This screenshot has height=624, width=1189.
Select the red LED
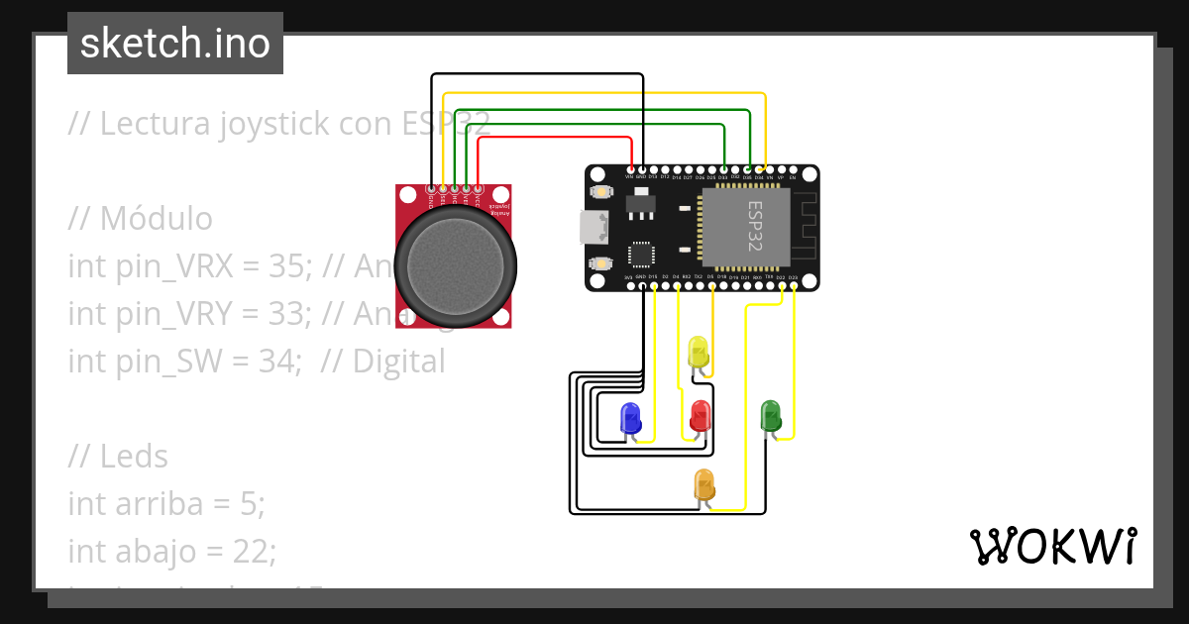click(701, 414)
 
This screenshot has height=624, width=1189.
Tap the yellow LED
click(698, 352)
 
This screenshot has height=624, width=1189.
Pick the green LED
click(770, 414)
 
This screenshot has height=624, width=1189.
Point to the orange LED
click(704, 484)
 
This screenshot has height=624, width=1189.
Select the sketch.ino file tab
click(175, 44)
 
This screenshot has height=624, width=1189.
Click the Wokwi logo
click(1052, 546)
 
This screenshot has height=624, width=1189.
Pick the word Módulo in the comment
click(156, 219)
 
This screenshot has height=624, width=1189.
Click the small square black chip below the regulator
click(642, 255)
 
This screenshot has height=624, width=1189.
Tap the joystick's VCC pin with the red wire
click(478, 188)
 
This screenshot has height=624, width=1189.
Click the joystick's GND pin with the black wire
click(431, 188)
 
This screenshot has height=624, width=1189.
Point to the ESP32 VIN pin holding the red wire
click(631, 169)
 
